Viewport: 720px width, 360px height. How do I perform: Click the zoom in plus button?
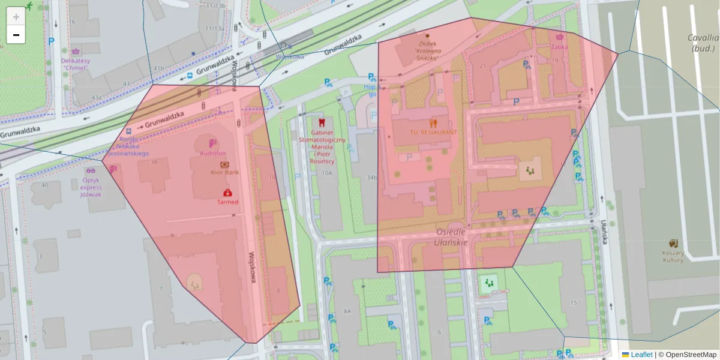[16, 17]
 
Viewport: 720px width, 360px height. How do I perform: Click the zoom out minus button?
[16, 35]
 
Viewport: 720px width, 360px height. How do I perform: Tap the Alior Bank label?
[224, 172]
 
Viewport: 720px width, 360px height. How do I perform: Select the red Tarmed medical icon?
[227, 193]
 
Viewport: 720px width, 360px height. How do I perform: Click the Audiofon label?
[212, 154]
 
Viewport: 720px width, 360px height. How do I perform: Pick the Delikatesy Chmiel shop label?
[75, 64]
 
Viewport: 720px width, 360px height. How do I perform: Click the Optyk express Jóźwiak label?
[91, 187]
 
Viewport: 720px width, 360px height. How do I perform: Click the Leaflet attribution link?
[641, 355]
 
